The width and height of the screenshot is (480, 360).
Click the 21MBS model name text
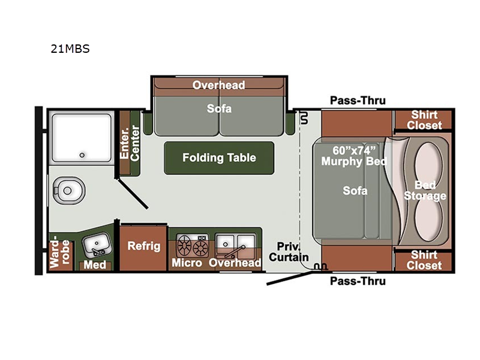[x=70, y=49]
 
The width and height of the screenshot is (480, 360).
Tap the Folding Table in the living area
[x=219, y=158]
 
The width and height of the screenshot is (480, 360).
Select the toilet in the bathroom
[x=68, y=191]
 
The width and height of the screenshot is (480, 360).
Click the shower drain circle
[x=82, y=155]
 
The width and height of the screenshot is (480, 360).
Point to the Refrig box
[x=143, y=248]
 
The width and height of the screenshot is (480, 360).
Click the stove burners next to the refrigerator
[x=192, y=245]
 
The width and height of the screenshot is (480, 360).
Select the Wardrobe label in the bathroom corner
[x=59, y=251]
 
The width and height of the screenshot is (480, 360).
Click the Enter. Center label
[x=130, y=143]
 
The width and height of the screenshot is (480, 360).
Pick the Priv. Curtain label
[x=289, y=252]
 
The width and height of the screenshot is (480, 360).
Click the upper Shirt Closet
[x=424, y=120]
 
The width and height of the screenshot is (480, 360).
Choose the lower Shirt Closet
[x=424, y=261]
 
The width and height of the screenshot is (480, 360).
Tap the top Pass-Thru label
[x=358, y=100]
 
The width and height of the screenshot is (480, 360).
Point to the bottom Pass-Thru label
[x=358, y=281]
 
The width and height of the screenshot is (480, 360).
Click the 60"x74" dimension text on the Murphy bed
[x=354, y=151]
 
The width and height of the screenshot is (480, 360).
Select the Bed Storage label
[x=425, y=190]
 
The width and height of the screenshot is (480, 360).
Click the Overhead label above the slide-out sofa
[x=218, y=85]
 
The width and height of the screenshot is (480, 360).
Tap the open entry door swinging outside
[x=290, y=278]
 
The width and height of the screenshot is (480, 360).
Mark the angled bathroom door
[x=133, y=194]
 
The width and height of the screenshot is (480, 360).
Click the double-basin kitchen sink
[x=235, y=247]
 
